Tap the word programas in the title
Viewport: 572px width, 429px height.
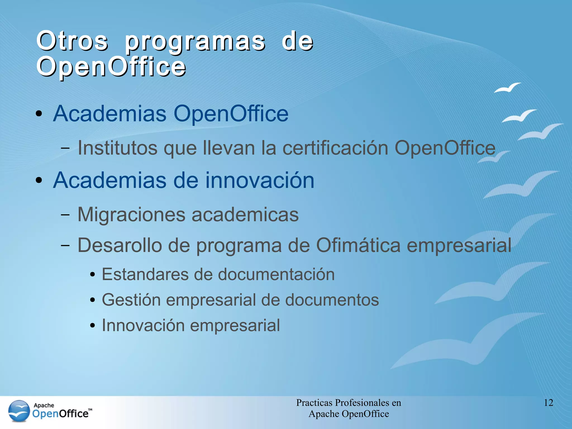click(x=195, y=42)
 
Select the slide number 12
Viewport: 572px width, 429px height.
click(x=549, y=402)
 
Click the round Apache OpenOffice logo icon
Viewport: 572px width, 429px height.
click(x=19, y=411)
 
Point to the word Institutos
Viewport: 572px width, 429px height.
click(x=117, y=148)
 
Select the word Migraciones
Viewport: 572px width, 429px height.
click(x=131, y=214)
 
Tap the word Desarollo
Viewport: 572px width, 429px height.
click(x=120, y=245)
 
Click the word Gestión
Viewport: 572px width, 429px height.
click(x=131, y=300)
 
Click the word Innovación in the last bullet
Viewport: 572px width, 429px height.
click(x=143, y=325)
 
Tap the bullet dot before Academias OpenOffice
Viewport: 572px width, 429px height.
click(x=39, y=114)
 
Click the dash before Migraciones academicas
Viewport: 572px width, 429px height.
click(x=65, y=215)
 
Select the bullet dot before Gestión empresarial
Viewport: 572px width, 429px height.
click(x=93, y=301)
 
